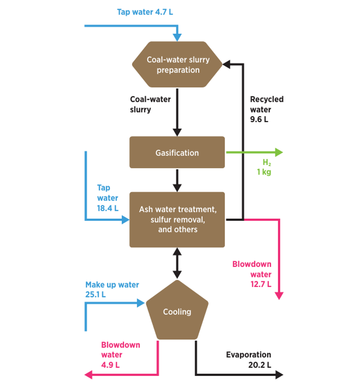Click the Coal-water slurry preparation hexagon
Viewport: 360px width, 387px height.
click(177, 65)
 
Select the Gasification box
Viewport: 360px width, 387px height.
click(177, 153)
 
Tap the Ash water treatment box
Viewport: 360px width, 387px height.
click(177, 220)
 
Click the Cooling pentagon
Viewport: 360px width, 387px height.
click(177, 312)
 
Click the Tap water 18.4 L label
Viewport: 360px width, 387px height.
click(108, 198)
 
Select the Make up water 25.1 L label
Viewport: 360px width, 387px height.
click(112, 290)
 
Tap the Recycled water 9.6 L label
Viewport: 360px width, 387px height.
click(267, 109)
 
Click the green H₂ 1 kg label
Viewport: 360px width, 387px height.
click(264, 168)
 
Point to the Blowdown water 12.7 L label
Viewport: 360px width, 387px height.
click(252, 274)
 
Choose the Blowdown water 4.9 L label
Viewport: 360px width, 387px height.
click(121, 354)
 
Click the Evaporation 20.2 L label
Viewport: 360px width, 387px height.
click(249, 359)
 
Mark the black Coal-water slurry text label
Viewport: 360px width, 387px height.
click(150, 105)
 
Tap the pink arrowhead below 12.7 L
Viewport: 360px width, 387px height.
click(280, 296)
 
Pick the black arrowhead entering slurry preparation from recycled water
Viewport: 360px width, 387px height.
click(226, 65)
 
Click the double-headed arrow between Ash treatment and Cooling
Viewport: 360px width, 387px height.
click(177, 263)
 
